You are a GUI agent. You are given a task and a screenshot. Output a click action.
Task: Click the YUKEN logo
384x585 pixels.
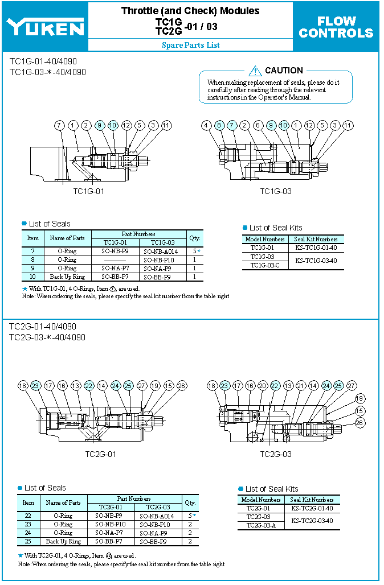tap(46, 26)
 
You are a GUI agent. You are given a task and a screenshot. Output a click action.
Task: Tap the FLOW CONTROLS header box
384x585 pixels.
tap(336, 27)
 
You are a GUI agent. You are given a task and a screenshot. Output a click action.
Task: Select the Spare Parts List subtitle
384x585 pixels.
tap(190, 45)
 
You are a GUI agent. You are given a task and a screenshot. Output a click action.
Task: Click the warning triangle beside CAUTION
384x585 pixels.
tap(255, 71)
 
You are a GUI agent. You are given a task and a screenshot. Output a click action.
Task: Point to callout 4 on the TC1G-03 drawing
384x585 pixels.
tap(207, 125)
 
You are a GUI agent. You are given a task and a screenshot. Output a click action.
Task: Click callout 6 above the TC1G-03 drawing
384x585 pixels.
tap(258, 125)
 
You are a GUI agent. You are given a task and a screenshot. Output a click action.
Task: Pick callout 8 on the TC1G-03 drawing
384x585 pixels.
tap(219, 125)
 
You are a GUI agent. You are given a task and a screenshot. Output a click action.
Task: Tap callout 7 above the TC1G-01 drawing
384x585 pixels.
tap(60, 125)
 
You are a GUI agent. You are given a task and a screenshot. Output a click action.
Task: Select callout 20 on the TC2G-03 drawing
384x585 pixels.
tap(263, 386)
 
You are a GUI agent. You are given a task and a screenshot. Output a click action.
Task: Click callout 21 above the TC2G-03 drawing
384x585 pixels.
tap(301, 386)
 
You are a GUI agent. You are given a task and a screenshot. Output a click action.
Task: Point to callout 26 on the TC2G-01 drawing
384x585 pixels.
tap(182, 386)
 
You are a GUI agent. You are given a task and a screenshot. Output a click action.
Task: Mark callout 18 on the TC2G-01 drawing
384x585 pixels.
tap(23, 386)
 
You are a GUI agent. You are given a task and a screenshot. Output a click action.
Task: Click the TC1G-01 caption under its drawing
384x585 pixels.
tap(88, 191)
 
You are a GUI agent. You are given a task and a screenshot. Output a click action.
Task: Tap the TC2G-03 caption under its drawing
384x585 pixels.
tap(276, 454)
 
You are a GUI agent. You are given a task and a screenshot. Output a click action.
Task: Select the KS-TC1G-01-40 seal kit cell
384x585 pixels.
tap(316, 248)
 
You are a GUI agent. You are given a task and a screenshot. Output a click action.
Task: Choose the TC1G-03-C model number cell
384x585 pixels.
tap(265, 265)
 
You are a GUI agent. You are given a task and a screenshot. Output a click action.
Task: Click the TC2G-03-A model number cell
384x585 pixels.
tap(261, 525)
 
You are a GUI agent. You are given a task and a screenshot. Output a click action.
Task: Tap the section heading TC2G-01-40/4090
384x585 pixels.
tap(43, 327)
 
